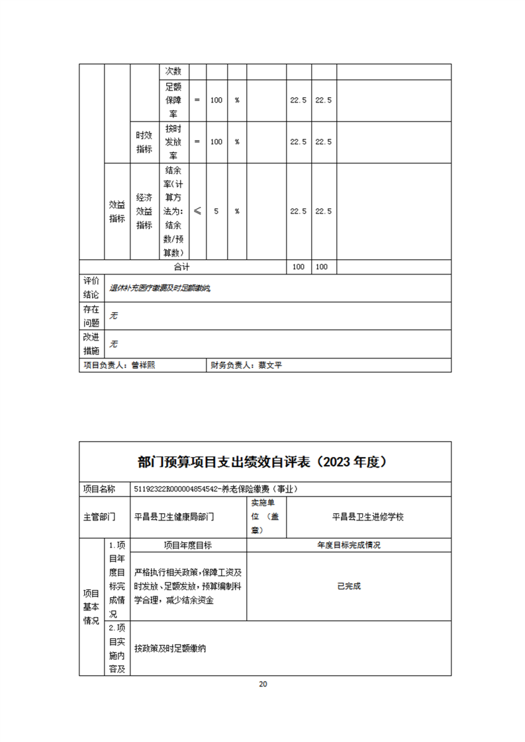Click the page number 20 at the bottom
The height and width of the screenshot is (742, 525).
tap(263, 684)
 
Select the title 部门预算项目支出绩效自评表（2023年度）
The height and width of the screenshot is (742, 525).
tap(263, 462)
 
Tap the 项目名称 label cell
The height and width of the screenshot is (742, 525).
tap(99, 489)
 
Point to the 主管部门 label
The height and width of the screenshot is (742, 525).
tap(99, 516)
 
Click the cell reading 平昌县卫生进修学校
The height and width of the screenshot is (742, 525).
tap(368, 516)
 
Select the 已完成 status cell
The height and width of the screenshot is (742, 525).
tap(348, 586)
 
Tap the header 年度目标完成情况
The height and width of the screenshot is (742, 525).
tap(348, 545)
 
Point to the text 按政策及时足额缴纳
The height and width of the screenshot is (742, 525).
tap(169, 649)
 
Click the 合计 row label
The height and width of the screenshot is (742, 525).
tap(181, 267)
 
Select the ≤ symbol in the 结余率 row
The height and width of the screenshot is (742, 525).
tap(197, 211)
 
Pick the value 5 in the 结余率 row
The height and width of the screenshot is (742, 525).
tap(216, 211)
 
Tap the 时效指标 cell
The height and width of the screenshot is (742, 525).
tap(144, 142)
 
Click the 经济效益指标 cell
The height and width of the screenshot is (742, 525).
tap(144, 211)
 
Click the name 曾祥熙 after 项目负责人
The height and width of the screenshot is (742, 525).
tap(143, 365)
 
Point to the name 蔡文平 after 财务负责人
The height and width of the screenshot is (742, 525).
tap(270, 365)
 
